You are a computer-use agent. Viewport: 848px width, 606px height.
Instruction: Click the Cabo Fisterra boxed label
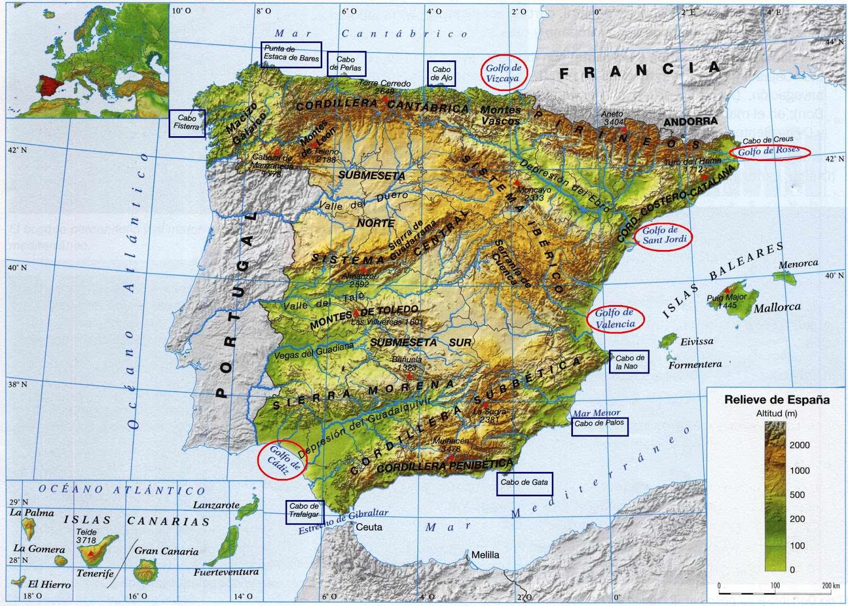click(187, 123)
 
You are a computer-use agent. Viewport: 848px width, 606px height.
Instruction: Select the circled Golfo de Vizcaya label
click(503, 73)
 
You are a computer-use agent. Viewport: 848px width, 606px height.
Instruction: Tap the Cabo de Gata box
click(524, 483)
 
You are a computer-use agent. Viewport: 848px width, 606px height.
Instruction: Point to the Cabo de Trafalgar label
click(304, 511)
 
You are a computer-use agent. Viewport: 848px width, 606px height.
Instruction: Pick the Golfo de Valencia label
click(615, 319)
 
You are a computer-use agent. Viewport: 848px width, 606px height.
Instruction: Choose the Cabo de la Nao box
click(629, 362)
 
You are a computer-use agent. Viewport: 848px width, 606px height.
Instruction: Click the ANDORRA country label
click(690, 122)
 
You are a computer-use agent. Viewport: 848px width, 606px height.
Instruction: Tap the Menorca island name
click(798, 264)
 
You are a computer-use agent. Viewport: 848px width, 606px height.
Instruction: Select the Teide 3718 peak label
click(86, 536)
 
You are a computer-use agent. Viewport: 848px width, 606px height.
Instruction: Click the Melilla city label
click(485, 555)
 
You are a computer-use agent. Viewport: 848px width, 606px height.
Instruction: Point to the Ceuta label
click(369, 527)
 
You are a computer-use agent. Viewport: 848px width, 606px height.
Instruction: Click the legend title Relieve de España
click(776, 400)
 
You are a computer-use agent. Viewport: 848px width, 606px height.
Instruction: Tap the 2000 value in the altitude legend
click(799, 445)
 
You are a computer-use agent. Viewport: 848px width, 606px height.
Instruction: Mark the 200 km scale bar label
click(831, 585)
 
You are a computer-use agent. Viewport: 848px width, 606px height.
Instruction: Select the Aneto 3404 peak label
click(612, 118)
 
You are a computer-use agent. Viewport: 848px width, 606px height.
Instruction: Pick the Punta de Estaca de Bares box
click(291, 54)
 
